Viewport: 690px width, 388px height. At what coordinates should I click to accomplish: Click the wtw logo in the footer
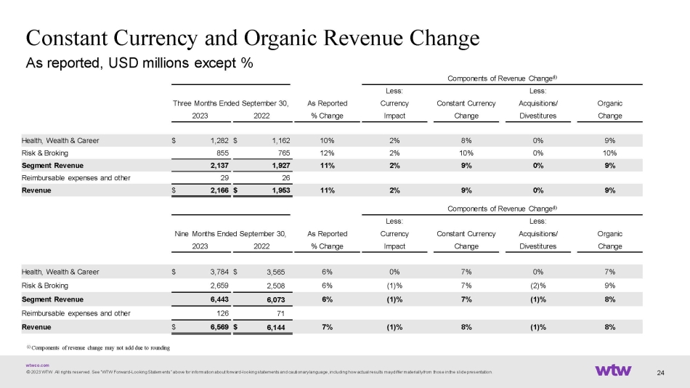[x=613, y=370]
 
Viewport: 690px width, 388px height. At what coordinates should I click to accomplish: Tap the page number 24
[x=660, y=373]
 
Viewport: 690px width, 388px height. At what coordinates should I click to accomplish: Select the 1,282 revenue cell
[x=219, y=140]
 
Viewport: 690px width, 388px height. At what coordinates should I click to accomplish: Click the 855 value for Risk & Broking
[x=222, y=153]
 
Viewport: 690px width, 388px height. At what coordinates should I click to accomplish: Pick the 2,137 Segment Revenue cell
[x=219, y=166]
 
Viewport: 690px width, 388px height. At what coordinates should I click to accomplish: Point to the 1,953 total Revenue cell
[x=281, y=190]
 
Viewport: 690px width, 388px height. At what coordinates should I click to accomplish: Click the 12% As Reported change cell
[x=327, y=153]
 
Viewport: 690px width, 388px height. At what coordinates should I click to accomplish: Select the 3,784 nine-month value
[x=219, y=272]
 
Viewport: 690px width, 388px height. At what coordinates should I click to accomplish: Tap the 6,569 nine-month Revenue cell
[x=219, y=327]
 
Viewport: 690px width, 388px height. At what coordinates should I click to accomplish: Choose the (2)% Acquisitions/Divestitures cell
[x=537, y=286]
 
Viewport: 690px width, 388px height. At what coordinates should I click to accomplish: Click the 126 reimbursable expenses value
[x=223, y=313]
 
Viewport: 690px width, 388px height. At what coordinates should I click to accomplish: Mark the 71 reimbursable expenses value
[x=280, y=314]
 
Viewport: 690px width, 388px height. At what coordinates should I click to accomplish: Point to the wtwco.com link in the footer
[x=37, y=365]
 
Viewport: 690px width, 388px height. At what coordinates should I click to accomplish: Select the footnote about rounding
[x=98, y=347]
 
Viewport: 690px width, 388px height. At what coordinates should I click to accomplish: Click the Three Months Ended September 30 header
[x=230, y=103]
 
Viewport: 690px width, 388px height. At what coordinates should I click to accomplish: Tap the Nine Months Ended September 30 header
[x=230, y=233]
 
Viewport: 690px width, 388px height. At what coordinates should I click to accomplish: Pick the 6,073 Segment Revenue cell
[x=275, y=299]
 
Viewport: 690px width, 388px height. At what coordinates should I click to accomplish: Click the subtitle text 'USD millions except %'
[x=180, y=63]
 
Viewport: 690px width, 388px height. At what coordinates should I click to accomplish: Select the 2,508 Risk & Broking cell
[x=275, y=286]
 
